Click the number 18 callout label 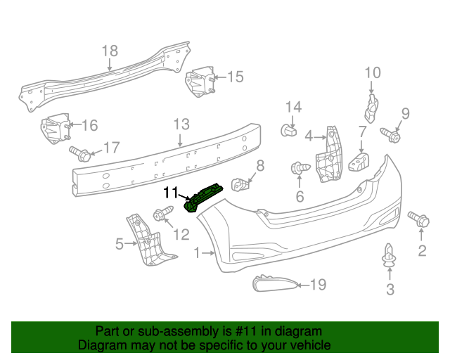coord(110,51)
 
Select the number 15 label coord(235,77)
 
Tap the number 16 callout coord(90,126)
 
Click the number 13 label coord(181,124)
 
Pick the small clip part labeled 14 coord(288,130)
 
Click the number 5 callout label coord(120,244)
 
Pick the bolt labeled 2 coord(418,220)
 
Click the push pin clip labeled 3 coord(389,257)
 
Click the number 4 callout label coord(309,134)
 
